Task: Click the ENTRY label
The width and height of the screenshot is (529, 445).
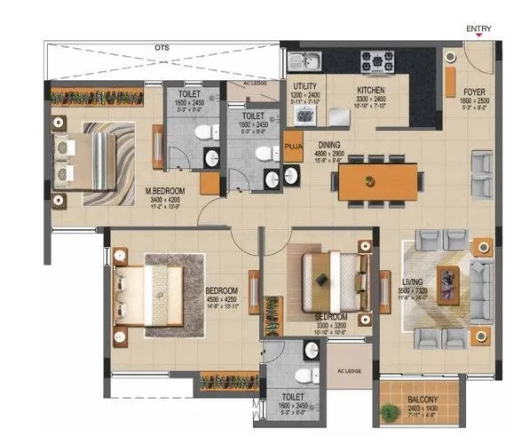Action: pyautogui.click(x=478, y=28)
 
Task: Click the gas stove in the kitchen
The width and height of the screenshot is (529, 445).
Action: pyautogui.click(x=376, y=60)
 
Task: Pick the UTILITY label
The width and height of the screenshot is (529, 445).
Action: pyautogui.click(x=304, y=86)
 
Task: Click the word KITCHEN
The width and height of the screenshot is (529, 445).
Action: pyautogui.click(x=369, y=90)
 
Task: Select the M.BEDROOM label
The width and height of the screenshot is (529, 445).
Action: pyautogui.click(x=168, y=189)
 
